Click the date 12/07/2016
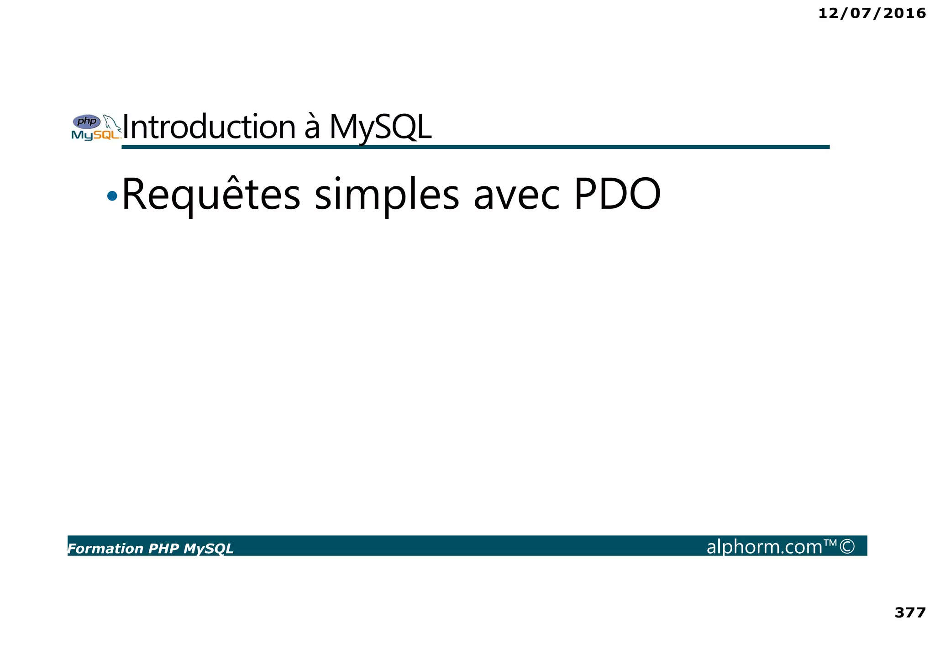pos(872,13)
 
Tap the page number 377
pos(910,612)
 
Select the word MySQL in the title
pos(380,127)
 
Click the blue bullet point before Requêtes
pos(112,196)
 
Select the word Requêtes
pos(211,195)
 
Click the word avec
pos(516,195)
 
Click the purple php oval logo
pos(87,122)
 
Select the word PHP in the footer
pos(164,549)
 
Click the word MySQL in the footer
pos(208,549)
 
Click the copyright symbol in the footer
pos(847,546)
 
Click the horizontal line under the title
pos(475,147)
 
